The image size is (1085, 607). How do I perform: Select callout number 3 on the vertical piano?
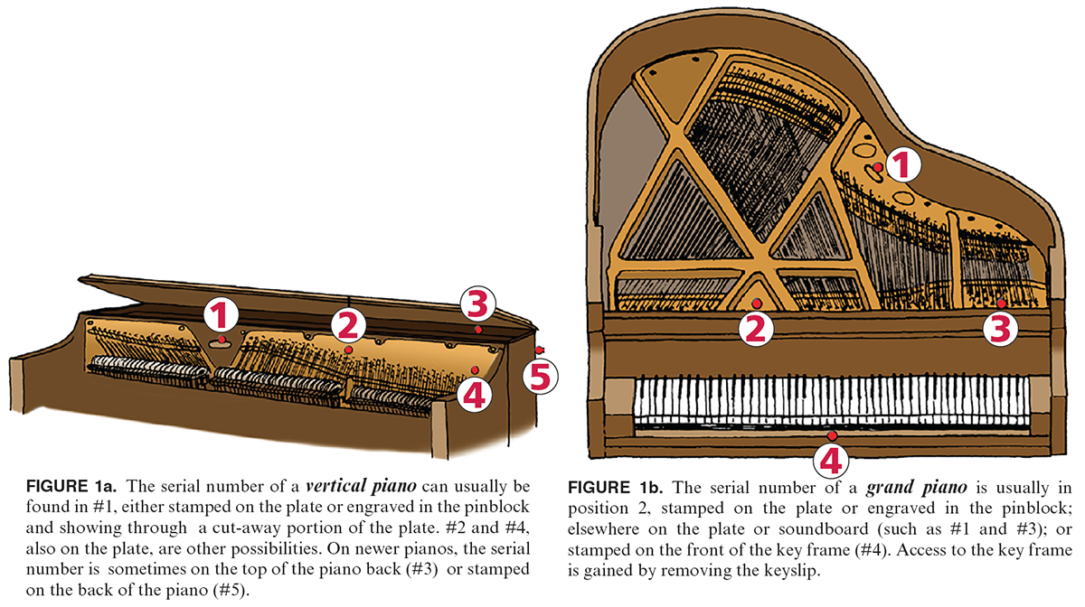click(x=477, y=305)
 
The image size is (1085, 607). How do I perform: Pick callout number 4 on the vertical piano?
click(x=476, y=394)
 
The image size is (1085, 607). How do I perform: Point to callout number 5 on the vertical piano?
click(x=539, y=376)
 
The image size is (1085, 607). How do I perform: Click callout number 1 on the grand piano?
click(x=901, y=165)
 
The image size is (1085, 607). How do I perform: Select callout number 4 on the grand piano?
click(x=832, y=461)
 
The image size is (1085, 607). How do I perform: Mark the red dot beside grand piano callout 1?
click(x=877, y=167)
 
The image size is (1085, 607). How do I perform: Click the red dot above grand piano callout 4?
click(x=832, y=435)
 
